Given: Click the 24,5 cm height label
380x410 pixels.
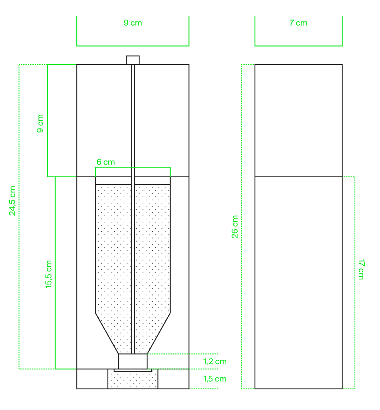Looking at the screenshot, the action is click(12, 201).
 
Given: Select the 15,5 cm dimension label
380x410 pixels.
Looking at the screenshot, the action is click(49, 275).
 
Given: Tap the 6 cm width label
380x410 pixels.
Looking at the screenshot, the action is click(106, 162).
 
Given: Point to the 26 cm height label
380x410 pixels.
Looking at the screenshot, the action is click(235, 227).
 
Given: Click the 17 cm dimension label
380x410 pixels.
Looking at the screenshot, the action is click(361, 270).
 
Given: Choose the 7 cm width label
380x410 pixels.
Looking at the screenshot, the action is click(299, 23).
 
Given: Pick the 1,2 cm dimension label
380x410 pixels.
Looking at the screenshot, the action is click(215, 362).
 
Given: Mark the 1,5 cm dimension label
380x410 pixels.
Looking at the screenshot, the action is click(215, 379).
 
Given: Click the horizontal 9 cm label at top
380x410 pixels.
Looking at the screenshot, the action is click(133, 23).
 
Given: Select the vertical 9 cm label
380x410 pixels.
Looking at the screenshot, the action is click(40, 124).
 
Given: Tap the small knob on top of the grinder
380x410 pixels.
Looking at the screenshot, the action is click(133, 60).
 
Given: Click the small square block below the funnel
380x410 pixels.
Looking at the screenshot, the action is click(133, 361).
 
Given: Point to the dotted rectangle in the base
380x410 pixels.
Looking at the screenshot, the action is click(133, 379).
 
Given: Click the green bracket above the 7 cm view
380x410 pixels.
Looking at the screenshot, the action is click(299, 46).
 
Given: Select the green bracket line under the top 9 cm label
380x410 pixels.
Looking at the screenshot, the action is click(133, 46).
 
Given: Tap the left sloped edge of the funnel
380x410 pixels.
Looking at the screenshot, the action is click(107, 333).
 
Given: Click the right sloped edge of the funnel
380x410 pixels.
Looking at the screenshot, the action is click(159, 333).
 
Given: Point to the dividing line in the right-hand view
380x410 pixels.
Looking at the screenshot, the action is click(299, 177).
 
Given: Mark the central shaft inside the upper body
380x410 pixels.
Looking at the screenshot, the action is click(133, 121).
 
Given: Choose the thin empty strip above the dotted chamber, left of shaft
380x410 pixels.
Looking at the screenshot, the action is click(113, 181).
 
